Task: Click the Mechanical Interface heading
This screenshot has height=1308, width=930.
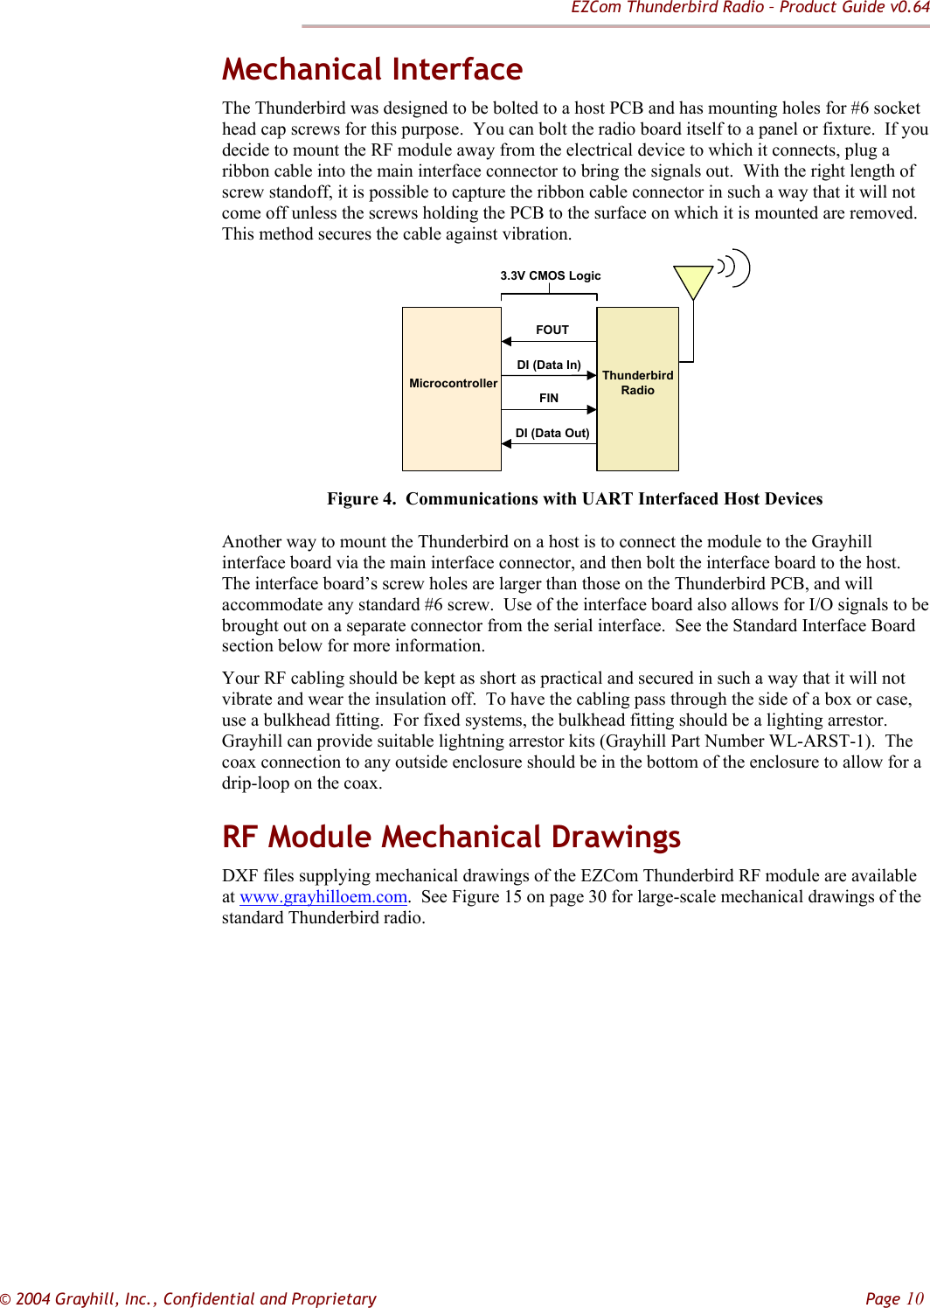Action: click(372, 69)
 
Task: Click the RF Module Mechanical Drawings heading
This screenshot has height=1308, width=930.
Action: click(451, 837)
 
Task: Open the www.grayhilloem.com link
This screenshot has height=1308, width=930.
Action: click(323, 897)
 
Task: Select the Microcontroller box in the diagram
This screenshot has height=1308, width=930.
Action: click(452, 388)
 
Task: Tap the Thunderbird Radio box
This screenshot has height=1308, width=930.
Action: click(638, 388)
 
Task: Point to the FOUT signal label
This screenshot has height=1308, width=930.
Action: click(552, 330)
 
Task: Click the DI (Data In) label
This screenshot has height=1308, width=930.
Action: click(549, 365)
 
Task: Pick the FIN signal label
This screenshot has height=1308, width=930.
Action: click(549, 398)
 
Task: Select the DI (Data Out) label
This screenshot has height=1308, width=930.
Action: click(552, 433)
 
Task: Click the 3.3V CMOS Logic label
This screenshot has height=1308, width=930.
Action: click(551, 275)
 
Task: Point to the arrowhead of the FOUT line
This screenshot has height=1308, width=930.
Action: click(506, 341)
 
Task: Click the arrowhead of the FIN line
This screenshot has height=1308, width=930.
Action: click(592, 409)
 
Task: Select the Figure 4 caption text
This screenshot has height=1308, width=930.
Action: click(575, 499)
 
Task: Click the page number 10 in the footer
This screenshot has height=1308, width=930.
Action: click(913, 1298)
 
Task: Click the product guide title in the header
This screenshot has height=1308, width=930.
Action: click(749, 8)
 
